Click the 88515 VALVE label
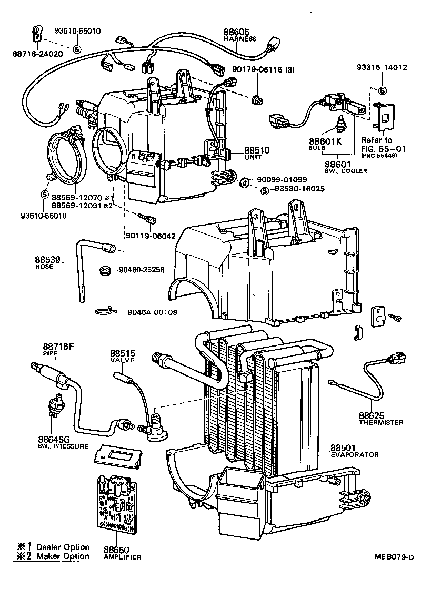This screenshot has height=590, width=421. pyautogui.click(x=122, y=356)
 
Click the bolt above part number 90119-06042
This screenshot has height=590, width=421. pyautogui.click(x=145, y=217)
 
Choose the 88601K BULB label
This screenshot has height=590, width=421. pyautogui.click(x=325, y=144)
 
